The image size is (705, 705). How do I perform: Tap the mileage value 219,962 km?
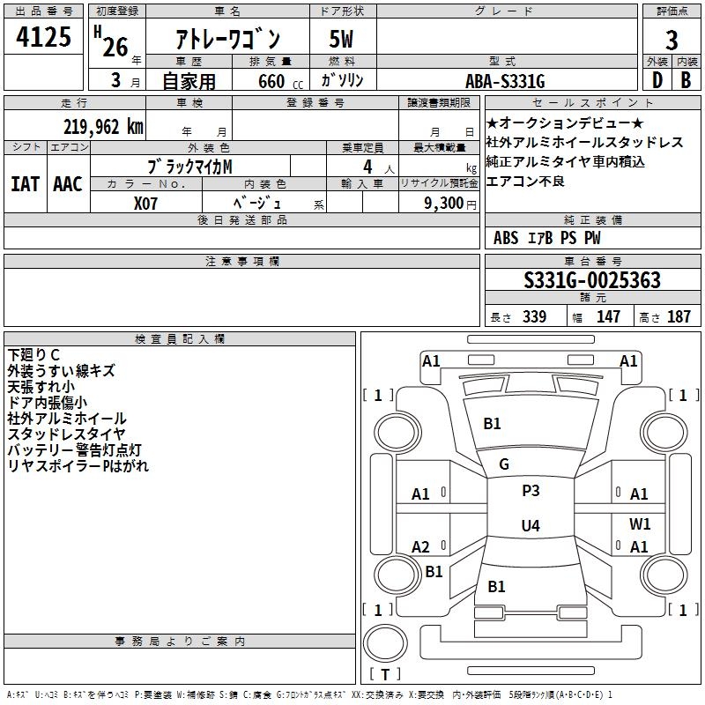coord(104,126)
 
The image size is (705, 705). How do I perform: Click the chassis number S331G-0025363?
coord(591,280)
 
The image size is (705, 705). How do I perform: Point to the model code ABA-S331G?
coord(505,82)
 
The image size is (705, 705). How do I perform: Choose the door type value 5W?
coord(343,40)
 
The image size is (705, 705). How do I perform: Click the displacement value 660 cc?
coord(265,82)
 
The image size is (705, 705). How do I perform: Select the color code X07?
coord(147,202)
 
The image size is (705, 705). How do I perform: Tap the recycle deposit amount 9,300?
coord(440,203)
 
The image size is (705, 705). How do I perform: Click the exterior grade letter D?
coord(656,81)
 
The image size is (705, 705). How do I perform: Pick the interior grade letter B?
coord(686,81)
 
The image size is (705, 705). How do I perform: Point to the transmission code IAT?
coord(26,183)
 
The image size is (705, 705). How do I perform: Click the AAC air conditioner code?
coord(68,183)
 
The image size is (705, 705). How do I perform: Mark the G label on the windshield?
coord(504,464)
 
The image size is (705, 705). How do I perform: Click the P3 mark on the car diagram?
coord(531,491)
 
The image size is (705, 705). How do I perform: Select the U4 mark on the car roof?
coord(530,526)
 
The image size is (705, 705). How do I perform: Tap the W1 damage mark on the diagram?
coord(640,523)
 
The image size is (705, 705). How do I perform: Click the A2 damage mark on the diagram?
coord(421,547)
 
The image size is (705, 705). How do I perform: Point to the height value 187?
coord(679,317)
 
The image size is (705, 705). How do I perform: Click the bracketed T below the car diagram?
coord(386,675)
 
